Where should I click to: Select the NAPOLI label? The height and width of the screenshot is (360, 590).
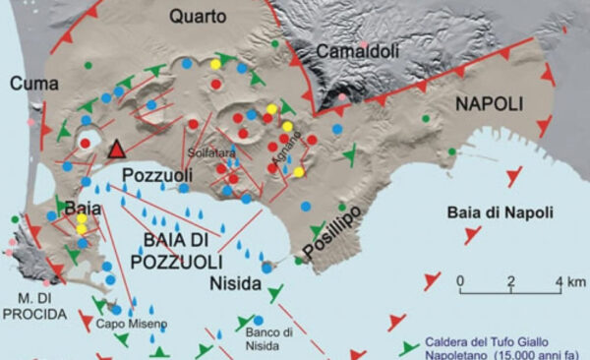pyautogui.click(x=490, y=102)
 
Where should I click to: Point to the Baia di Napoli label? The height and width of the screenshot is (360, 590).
pyautogui.click(x=500, y=211)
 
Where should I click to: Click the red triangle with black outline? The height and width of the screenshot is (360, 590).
pyautogui.click(x=117, y=150)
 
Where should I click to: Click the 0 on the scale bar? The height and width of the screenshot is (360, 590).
pyautogui.click(x=461, y=283)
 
